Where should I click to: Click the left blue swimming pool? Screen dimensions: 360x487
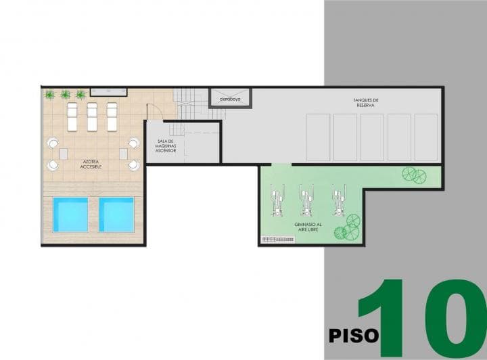[x=70, y=215]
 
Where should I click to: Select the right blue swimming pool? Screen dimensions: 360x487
[x=116, y=215]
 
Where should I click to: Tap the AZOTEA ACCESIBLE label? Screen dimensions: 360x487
[x=91, y=164]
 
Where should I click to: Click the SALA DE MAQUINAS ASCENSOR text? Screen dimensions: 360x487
[x=166, y=145]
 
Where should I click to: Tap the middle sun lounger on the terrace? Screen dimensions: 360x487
[x=92, y=116]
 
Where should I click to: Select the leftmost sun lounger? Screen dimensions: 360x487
[x=72, y=116]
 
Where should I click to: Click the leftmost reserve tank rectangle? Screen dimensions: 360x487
[x=318, y=137]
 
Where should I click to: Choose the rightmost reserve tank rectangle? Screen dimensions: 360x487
[x=426, y=137]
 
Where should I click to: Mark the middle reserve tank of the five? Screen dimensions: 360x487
[x=372, y=137]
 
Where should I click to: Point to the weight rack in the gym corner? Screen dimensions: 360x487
[x=277, y=238]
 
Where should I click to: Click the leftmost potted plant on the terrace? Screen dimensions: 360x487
[x=50, y=95]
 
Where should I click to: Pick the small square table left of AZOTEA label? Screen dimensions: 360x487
[x=63, y=154]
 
